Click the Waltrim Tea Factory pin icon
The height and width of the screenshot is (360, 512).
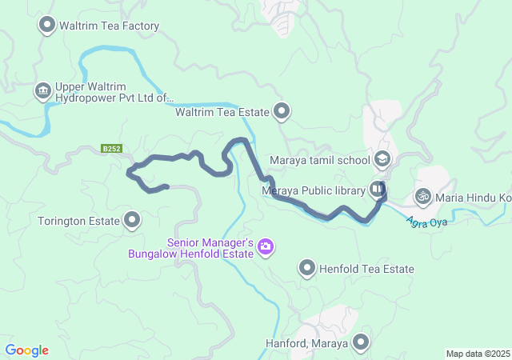(47, 26)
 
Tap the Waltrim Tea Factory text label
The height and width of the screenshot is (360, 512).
(110, 26)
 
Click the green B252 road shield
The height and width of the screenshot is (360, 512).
(111, 148)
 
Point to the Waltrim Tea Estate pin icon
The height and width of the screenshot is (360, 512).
(282, 112)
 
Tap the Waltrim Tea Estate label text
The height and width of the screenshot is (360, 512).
(222, 113)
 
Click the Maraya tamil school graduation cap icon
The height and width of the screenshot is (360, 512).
(382, 158)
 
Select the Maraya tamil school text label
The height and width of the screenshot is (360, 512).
(319, 159)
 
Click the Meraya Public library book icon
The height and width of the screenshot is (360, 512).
(377, 190)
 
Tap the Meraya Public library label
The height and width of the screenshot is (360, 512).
(314, 190)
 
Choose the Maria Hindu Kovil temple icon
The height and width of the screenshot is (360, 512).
(422, 195)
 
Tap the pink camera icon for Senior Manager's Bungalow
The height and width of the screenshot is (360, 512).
(266, 248)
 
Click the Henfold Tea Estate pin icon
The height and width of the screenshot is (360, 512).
(306, 269)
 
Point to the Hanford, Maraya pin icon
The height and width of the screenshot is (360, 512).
(361, 343)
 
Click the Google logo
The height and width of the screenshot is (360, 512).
(26, 350)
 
